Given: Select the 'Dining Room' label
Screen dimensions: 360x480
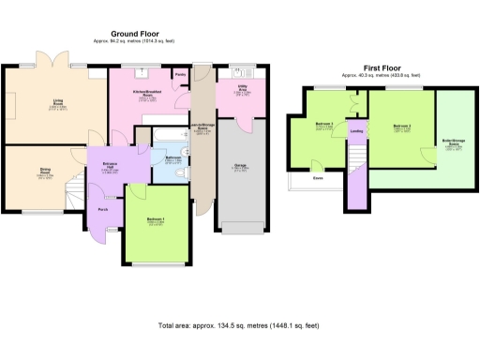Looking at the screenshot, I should [44, 172].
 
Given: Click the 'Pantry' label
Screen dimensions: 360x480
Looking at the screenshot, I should [180, 73].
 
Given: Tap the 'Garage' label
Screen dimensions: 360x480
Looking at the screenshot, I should [240, 166].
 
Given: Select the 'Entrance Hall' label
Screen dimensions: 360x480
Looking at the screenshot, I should [109, 166].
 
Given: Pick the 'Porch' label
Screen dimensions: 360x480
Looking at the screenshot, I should [102, 210].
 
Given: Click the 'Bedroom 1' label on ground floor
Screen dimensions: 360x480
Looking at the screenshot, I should [156, 219].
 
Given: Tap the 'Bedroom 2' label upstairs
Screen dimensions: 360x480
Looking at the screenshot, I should [403, 127].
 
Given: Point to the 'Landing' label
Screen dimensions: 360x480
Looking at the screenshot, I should [356, 131].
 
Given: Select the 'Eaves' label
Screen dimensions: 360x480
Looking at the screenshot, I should [319, 178].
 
